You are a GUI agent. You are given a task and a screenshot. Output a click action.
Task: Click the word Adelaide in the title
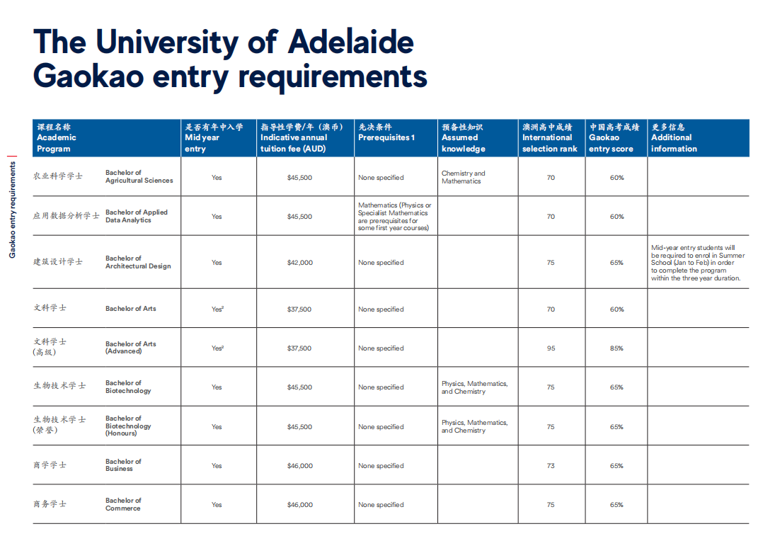point(350,42)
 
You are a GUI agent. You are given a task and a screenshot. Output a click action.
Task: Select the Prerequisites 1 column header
point(386,137)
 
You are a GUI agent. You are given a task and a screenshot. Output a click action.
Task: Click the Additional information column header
point(674,143)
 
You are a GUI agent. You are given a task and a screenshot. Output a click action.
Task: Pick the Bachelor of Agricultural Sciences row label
point(139,176)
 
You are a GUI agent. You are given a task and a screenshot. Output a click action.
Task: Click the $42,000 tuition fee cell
point(299,263)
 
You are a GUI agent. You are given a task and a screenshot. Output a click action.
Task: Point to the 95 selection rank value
point(551,348)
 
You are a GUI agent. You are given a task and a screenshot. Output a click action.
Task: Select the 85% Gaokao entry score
point(616,348)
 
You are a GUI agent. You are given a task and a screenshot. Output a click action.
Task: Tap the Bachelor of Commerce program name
point(123,504)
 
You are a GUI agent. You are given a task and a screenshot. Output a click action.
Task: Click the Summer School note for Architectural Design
point(697,263)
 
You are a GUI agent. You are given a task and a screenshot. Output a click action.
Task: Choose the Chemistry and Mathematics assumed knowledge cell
point(463,177)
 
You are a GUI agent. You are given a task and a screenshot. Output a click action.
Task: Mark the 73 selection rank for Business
point(551,466)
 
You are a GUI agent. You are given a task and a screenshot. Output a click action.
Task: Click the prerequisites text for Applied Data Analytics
point(394,217)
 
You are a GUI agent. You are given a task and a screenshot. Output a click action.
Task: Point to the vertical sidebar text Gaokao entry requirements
point(12,210)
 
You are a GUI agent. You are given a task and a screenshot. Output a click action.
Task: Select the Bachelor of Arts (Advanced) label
point(131,348)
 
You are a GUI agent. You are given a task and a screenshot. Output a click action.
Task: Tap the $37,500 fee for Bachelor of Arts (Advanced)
point(299,348)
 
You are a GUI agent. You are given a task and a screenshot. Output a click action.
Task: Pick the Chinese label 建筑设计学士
point(58,262)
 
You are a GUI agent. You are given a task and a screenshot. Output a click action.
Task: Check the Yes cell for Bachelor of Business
point(217,466)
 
